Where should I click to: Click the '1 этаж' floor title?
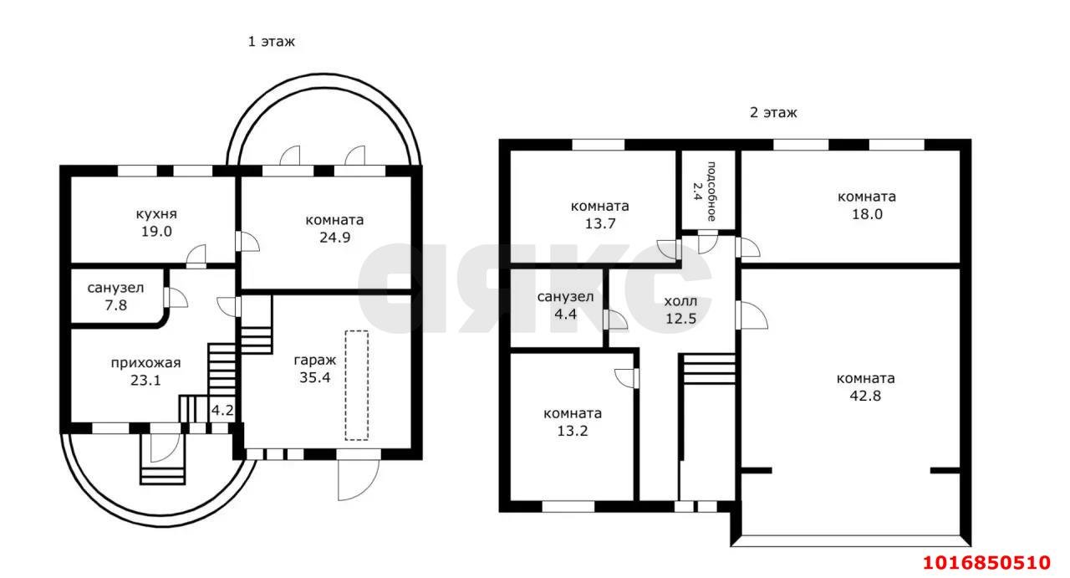272,42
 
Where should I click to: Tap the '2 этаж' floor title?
773,113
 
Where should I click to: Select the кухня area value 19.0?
156,232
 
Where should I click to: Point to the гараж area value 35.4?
315,378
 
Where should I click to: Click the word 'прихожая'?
145,363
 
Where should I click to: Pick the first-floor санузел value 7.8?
116,305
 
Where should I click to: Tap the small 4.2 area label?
222,410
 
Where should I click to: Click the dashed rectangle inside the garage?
357,385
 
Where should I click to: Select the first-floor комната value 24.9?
335,238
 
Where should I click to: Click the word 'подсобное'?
711,192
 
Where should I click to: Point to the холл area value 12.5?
681,319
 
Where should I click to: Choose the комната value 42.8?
865,396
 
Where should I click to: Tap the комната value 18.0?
868,214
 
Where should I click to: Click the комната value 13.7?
600,223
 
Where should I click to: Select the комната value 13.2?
573,432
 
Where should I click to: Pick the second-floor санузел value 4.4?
566,315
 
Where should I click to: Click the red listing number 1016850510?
986,562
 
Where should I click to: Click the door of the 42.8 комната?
752,315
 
